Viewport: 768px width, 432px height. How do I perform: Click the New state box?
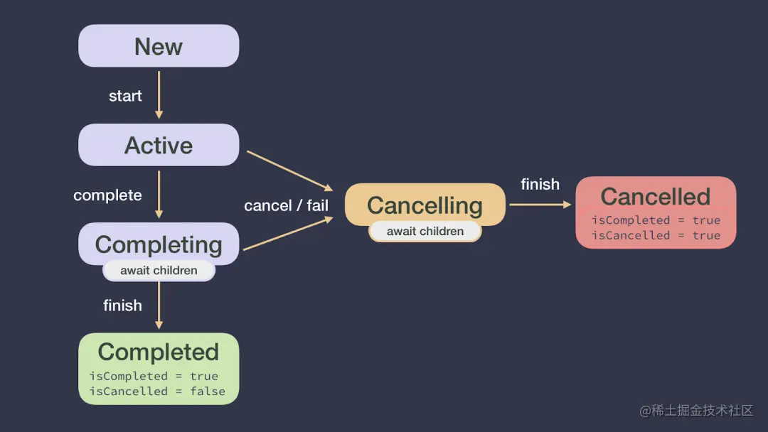click(x=159, y=46)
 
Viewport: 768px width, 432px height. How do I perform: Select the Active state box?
click(x=159, y=145)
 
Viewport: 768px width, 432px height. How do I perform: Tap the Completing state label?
click(x=159, y=244)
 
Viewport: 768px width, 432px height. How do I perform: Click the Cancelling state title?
click(x=425, y=205)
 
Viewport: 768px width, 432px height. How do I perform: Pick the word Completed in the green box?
click(x=159, y=352)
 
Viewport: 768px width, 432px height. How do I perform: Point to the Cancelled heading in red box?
click(x=655, y=196)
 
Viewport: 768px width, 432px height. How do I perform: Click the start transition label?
click(x=125, y=96)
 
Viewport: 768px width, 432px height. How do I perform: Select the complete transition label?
click(x=107, y=195)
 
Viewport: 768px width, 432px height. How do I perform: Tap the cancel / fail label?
click(x=286, y=205)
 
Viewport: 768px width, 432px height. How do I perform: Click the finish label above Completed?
click(x=122, y=306)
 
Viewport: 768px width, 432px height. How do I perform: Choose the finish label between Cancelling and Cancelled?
click(x=540, y=184)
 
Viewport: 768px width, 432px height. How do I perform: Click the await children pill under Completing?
click(x=159, y=270)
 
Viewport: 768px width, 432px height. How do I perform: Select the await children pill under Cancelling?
click(x=425, y=231)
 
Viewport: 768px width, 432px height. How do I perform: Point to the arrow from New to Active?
click(x=159, y=94)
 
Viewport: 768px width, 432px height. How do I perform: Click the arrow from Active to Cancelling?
click(x=290, y=171)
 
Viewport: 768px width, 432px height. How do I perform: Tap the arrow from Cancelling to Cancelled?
click(x=540, y=205)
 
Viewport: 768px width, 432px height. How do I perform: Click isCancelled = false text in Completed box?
click(x=157, y=391)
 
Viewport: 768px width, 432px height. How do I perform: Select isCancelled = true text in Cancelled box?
click(x=656, y=235)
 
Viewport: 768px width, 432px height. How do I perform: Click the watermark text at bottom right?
click(x=696, y=411)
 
